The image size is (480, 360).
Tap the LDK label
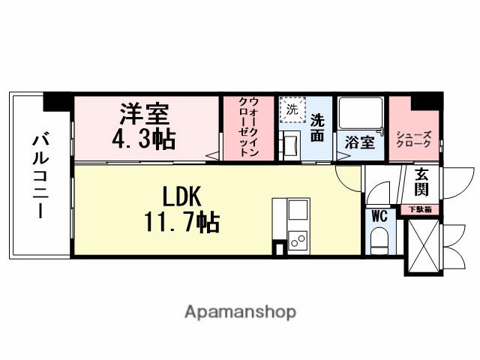[182, 196]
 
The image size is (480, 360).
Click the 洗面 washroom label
[318, 127]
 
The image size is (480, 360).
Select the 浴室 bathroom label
[360, 142]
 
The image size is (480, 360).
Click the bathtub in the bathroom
[361, 115]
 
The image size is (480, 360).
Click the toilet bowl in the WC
[379, 242]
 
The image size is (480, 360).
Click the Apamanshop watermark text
[240, 311]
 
